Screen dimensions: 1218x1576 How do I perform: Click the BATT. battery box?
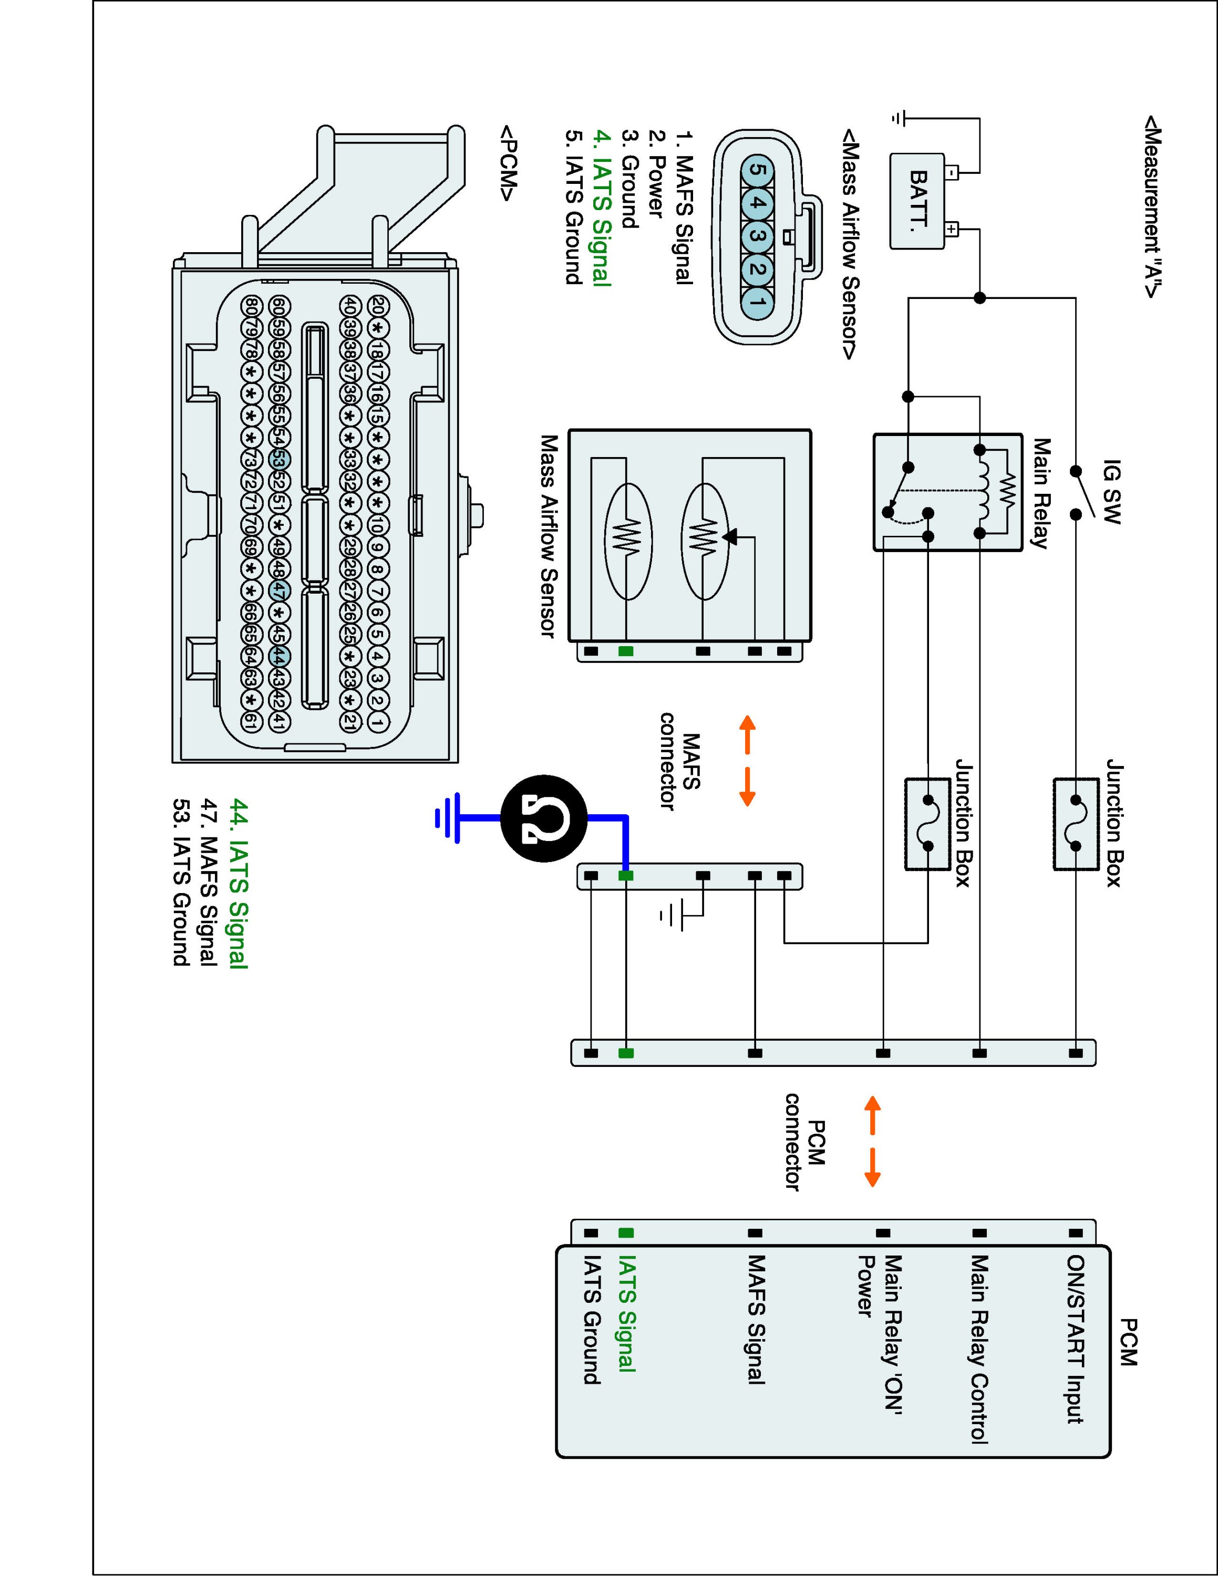[x=917, y=201]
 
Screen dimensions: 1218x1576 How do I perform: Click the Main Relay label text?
[x=1040, y=494]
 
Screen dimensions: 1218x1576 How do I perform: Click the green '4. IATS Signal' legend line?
[x=602, y=209]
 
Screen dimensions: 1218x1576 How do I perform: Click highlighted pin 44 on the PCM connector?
[x=279, y=656]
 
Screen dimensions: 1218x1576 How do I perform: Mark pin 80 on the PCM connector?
[x=251, y=306]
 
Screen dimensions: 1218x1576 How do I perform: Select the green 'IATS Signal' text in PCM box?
[x=626, y=1313]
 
